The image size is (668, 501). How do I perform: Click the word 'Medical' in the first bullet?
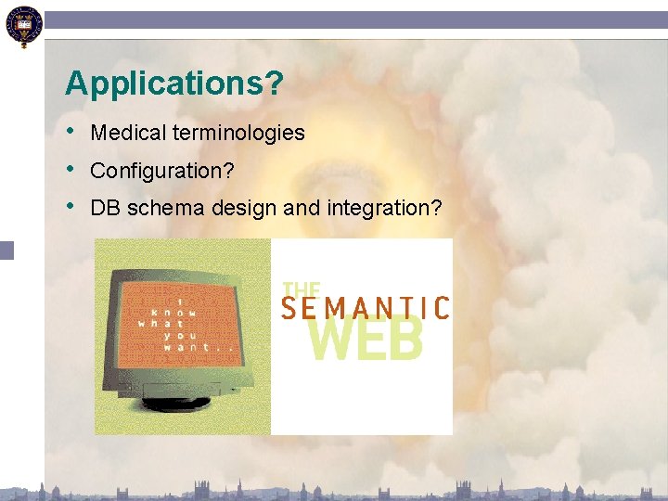[x=128, y=134]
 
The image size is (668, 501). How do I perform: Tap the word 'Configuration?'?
[x=161, y=172]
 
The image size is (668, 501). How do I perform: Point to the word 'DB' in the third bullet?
[x=106, y=209]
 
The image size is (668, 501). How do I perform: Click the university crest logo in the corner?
[x=22, y=25]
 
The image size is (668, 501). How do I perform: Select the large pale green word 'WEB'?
[x=366, y=340]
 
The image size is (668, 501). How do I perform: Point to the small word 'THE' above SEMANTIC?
[x=301, y=289]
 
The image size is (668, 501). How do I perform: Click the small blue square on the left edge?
[x=6, y=250]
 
